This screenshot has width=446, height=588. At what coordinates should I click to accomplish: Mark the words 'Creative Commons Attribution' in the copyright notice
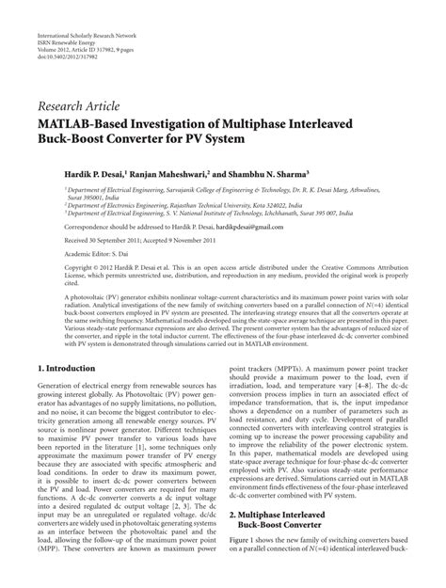(x=358, y=270)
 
